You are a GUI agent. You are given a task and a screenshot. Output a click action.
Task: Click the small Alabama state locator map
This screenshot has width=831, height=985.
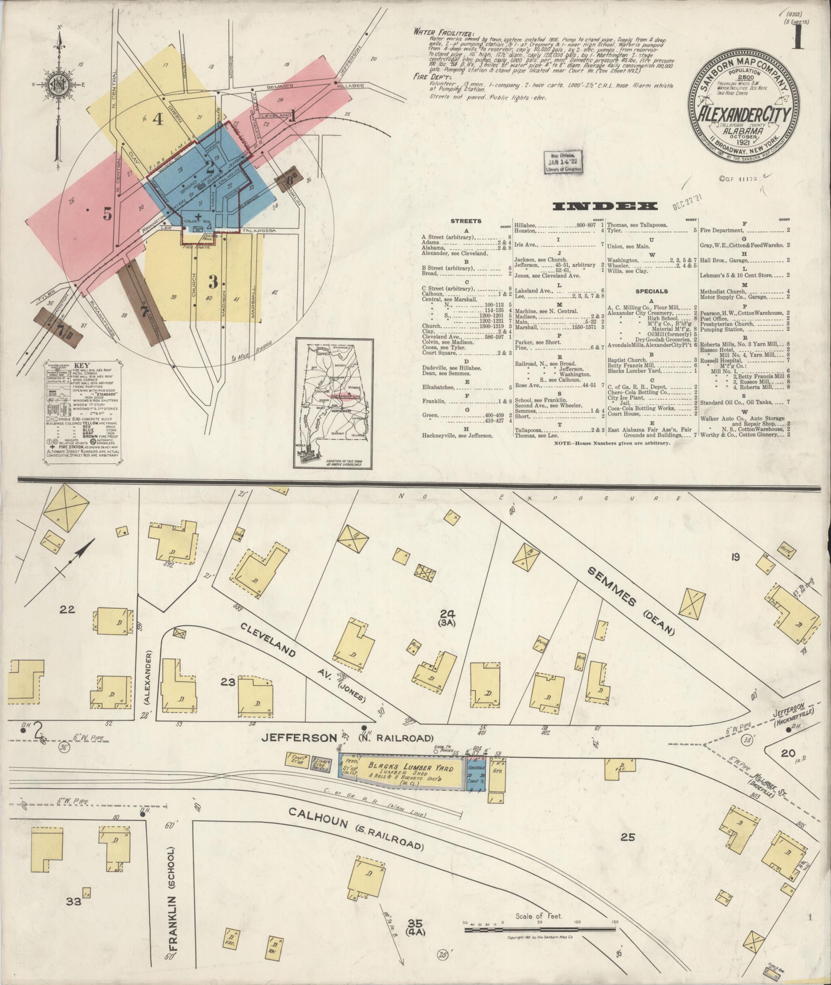334,403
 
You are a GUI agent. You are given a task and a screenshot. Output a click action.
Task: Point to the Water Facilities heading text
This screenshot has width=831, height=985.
444,32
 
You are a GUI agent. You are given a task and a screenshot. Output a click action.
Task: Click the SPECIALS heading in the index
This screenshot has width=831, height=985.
652,291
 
